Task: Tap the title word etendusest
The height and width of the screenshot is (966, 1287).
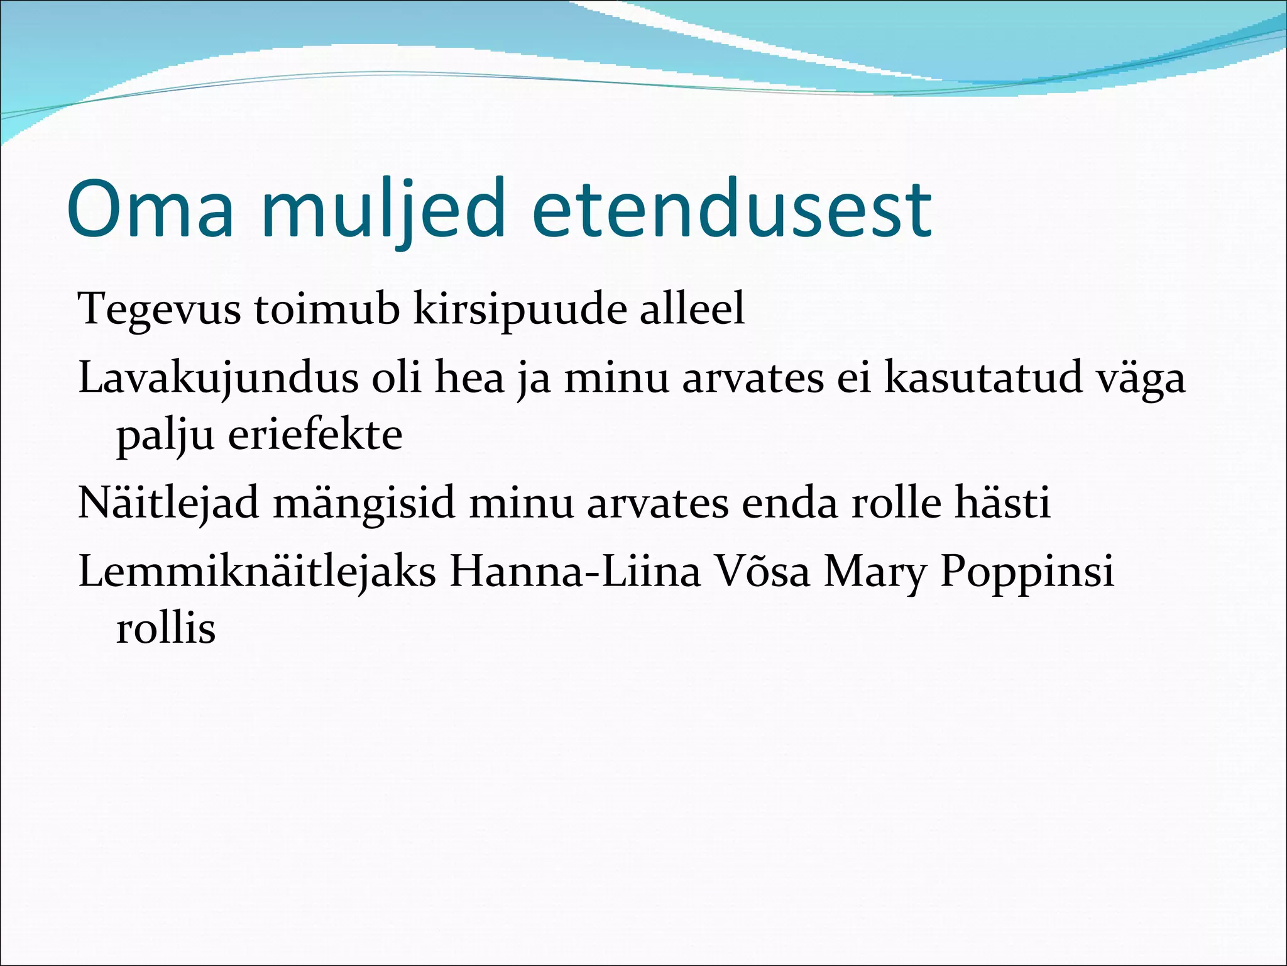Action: point(731,209)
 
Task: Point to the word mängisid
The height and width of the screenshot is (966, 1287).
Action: point(364,504)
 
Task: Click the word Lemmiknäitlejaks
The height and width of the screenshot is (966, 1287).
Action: point(257,572)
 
